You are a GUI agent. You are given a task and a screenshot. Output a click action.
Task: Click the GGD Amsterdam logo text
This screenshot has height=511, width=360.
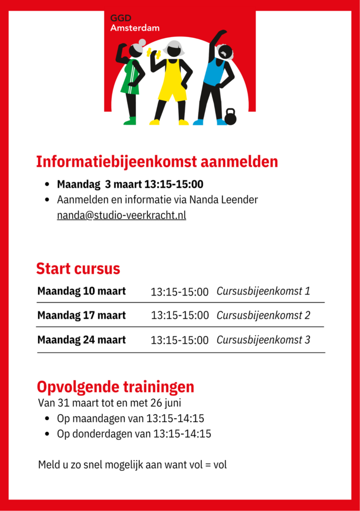coord(134,23)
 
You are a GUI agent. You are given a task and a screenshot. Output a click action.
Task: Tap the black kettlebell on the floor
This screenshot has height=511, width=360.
coord(230,117)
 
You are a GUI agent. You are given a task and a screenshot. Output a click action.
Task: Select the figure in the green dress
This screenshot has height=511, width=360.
coord(131,80)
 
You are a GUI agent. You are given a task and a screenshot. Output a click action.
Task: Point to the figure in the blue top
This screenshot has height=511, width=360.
coord(215,75)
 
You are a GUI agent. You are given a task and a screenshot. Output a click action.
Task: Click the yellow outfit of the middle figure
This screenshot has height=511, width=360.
coord(172,80)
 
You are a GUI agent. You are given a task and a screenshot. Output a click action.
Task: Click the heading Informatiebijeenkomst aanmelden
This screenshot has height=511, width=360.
coord(157,162)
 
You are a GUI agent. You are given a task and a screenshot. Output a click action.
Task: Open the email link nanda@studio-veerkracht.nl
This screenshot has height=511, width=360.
coord(121,216)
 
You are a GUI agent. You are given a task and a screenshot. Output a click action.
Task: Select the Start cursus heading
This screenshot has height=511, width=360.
coord(78,268)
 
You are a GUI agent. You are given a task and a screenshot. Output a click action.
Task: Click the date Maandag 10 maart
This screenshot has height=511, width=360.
coord(81,291)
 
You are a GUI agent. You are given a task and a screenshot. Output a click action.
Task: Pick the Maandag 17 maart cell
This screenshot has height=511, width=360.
coord(81,315)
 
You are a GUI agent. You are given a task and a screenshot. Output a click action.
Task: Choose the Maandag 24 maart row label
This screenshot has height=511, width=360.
coord(81,340)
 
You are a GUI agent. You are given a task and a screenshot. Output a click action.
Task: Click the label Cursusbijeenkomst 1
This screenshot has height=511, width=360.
coord(263,291)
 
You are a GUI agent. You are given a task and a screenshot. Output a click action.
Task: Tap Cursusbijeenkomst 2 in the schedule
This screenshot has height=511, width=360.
coord(263,315)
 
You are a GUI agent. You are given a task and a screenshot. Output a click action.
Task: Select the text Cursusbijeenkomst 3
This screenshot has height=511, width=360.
coord(263,340)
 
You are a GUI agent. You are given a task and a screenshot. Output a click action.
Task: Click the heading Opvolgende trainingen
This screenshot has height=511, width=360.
coord(115,387)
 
